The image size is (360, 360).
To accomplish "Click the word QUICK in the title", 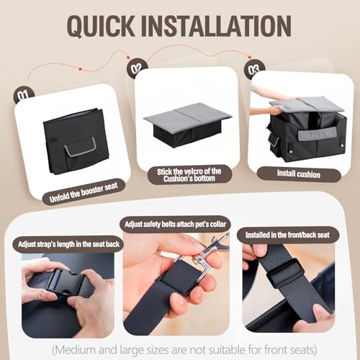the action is tap(101, 26).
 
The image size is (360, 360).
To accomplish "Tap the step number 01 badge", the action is tap(23, 95).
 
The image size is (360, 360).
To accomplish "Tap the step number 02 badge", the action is tap(137, 68).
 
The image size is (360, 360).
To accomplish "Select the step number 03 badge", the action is tap(254, 68).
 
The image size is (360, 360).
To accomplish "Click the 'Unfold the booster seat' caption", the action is tap(84, 192).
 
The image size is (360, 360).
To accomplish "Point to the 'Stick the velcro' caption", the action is tap(189, 175).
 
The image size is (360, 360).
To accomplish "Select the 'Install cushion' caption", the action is tap(299, 174).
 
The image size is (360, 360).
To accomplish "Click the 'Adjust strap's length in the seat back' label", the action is tap(68, 244).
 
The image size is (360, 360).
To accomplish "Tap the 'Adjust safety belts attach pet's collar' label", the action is tap(175, 224).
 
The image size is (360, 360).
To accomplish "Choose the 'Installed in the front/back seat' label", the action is tap(287, 235).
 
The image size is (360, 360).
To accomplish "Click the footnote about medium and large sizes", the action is tap(184, 350).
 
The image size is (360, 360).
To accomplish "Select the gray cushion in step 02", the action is tap(188, 114).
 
